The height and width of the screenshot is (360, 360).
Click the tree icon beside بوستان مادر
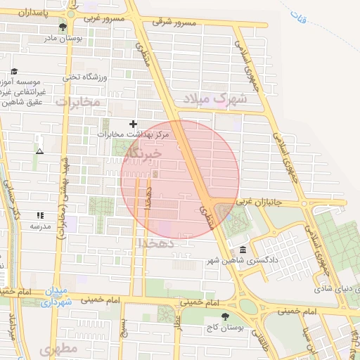point(63,27)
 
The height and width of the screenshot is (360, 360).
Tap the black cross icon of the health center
point(133,123)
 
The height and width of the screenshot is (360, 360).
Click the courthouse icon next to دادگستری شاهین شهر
point(243,250)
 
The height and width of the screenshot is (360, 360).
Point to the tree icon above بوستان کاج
point(224,316)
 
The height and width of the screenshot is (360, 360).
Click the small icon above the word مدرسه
point(40,215)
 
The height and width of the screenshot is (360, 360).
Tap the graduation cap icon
point(13,72)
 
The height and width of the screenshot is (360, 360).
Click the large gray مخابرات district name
point(78,103)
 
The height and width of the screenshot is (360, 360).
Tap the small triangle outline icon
point(39,151)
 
